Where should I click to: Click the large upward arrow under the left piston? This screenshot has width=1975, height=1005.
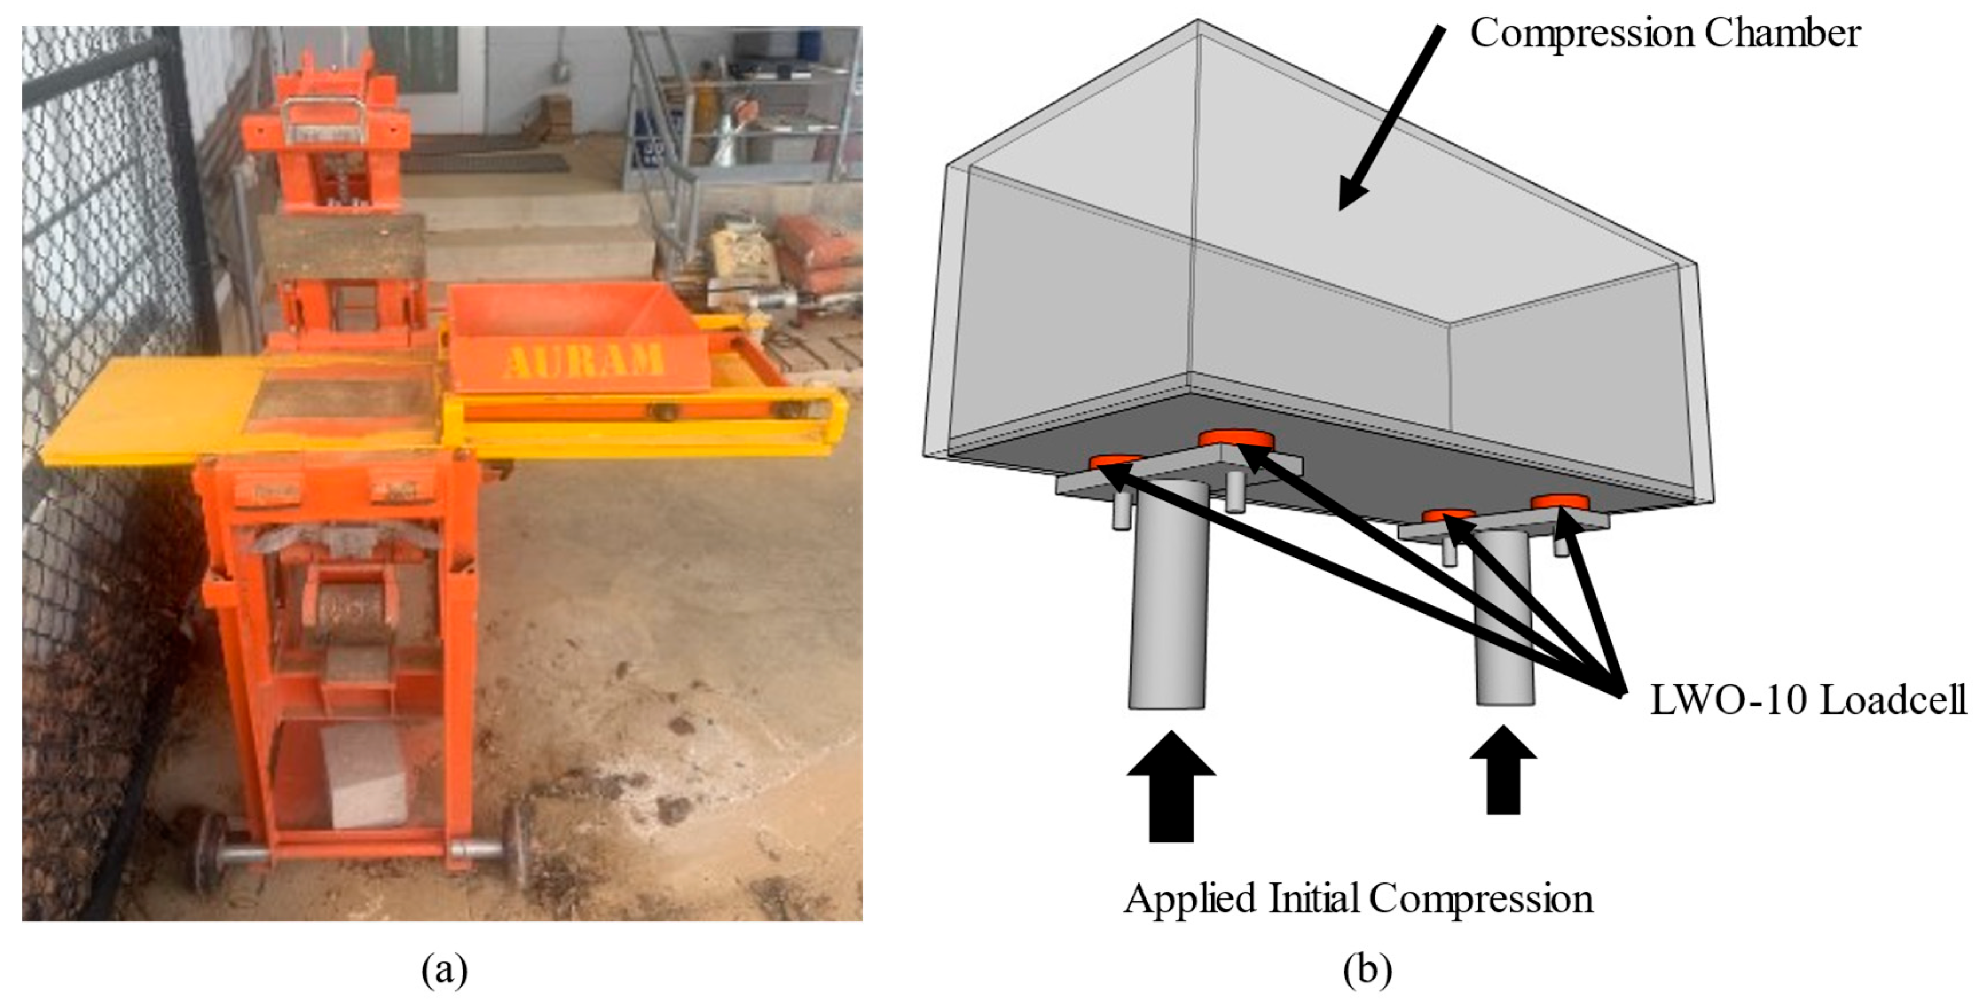coord(1171,786)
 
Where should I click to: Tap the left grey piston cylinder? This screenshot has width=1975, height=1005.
coord(1168,598)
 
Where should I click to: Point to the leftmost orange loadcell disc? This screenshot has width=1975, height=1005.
coord(1116,462)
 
